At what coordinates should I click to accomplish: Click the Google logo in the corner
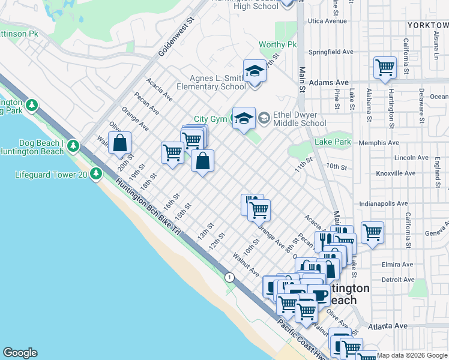[x=20, y=353]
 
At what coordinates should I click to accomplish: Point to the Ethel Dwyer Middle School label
[x=299, y=119]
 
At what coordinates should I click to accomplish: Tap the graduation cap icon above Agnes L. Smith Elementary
[x=255, y=71]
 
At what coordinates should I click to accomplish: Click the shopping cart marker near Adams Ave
[x=384, y=67]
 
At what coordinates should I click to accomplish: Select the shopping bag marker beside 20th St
[x=120, y=143]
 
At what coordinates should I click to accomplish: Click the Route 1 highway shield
[x=229, y=277]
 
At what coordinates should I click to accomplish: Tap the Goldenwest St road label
[x=178, y=37]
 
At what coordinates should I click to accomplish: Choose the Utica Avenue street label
[x=328, y=21]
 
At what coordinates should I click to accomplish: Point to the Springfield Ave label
[x=328, y=52]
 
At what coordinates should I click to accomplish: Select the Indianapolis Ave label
[x=387, y=204]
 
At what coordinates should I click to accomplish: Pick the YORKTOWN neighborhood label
[x=427, y=25]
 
